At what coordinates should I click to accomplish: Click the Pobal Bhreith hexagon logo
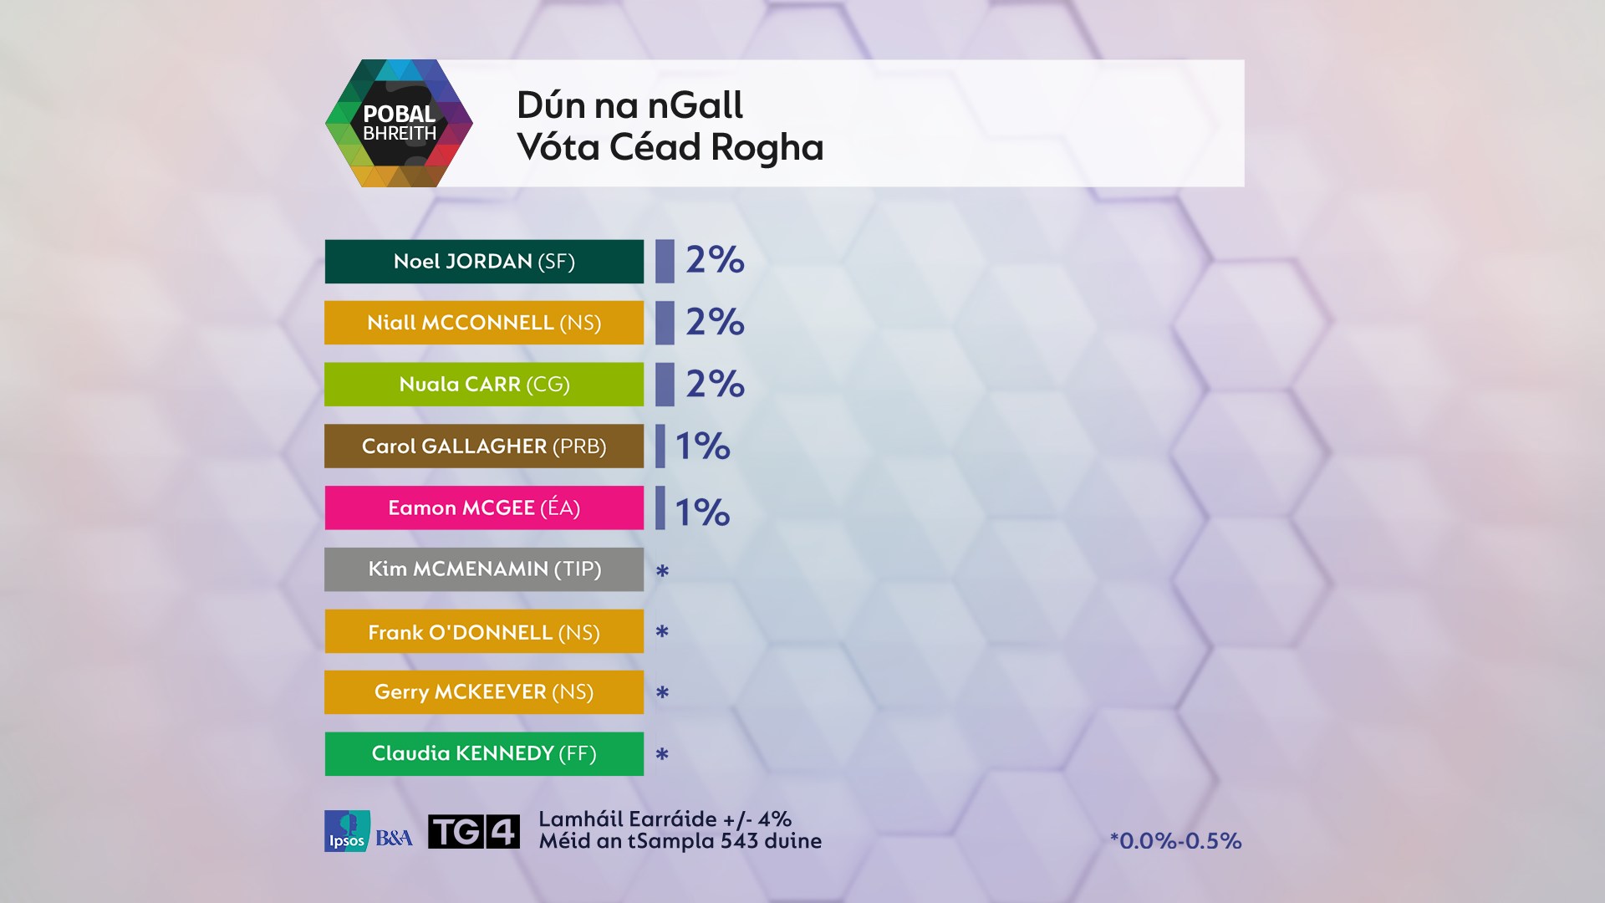click(x=399, y=123)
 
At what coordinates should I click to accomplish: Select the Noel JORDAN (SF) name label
click(x=484, y=262)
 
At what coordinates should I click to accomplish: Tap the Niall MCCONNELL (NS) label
click(x=484, y=323)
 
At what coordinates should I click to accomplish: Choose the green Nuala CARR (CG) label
click(x=484, y=385)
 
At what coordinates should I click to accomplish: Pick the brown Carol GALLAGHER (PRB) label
click(x=484, y=446)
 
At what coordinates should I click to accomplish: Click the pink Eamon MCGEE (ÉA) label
click(x=484, y=508)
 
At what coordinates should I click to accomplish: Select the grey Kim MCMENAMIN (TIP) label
click(x=484, y=569)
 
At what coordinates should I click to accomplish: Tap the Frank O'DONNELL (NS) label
click(x=484, y=631)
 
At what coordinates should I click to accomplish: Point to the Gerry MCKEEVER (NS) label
click(x=484, y=692)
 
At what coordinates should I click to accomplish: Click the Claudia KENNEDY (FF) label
click(x=484, y=754)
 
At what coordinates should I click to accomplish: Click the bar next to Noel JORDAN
click(x=665, y=262)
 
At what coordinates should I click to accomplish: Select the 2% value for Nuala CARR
click(x=715, y=384)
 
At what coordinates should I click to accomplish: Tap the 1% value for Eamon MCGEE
click(x=702, y=512)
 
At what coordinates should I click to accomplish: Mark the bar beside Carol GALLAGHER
click(x=660, y=446)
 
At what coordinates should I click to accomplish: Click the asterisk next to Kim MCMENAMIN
click(x=662, y=571)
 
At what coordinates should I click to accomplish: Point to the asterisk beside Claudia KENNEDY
click(x=662, y=754)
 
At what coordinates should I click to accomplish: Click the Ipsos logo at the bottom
click(x=346, y=831)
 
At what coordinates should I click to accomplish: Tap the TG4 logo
click(x=473, y=831)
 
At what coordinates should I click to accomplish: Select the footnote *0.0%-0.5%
click(x=1175, y=840)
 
